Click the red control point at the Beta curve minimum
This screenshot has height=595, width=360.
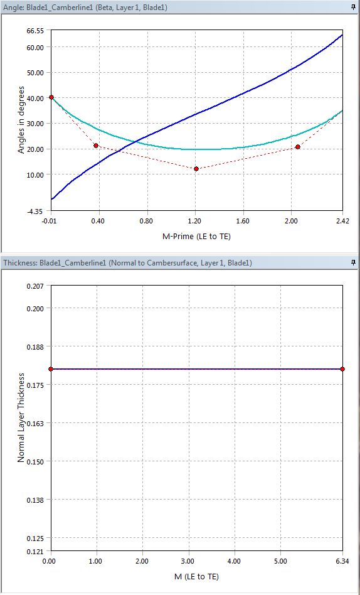click(196, 169)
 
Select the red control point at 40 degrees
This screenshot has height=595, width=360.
click(51, 97)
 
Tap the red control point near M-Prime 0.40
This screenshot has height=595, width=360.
click(96, 146)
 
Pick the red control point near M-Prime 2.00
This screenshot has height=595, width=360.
click(298, 147)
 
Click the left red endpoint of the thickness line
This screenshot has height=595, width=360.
click(51, 369)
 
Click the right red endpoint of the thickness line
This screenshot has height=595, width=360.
click(342, 369)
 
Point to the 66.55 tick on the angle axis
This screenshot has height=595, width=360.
click(35, 31)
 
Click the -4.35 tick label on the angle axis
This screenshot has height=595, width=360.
click(35, 212)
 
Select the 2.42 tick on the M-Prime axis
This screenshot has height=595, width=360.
click(342, 221)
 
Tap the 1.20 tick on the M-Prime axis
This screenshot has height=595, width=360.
click(196, 221)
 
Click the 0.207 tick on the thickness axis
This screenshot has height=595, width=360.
click(35, 286)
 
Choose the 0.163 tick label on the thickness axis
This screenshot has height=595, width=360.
click(35, 424)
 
